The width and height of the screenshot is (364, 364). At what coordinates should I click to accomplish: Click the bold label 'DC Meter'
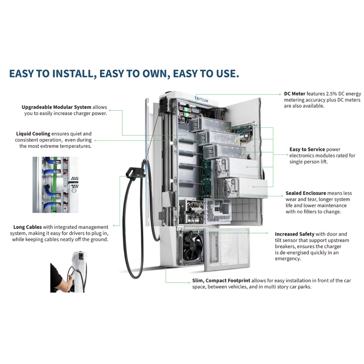pyautogui.click(x=294, y=94)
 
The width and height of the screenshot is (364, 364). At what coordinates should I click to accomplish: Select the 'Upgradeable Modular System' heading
pyautogui.click(x=56, y=107)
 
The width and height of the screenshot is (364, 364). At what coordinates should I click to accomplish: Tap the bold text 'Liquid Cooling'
pyautogui.click(x=33, y=134)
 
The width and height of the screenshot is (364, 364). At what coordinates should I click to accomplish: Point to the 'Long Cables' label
pyautogui.click(x=27, y=227)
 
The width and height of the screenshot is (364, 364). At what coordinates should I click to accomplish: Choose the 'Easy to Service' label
pyautogui.click(x=307, y=149)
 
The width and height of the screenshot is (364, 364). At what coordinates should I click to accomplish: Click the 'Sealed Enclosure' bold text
pyautogui.click(x=306, y=193)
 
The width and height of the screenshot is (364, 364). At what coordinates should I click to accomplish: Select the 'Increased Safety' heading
pyautogui.click(x=294, y=234)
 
